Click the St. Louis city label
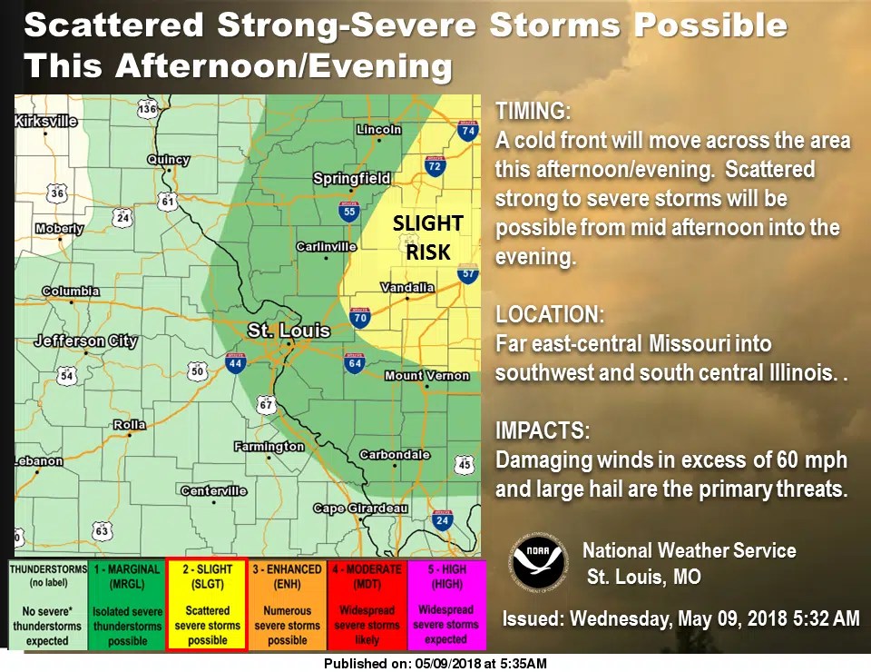click(x=289, y=331)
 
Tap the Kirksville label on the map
click(x=46, y=121)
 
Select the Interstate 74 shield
click(x=467, y=133)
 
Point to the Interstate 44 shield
click(x=236, y=365)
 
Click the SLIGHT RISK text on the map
click(x=427, y=237)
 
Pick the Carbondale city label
click(x=395, y=454)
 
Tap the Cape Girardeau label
click(x=360, y=509)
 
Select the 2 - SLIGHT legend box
click(x=207, y=604)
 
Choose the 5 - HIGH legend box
click(x=446, y=604)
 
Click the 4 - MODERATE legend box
click(x=367, y=604)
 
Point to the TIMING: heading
click(x=533, y=112)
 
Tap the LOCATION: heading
click(x=549, y=316)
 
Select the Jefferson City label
click(x=85, y=341)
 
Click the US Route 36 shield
click(x=57, y=193)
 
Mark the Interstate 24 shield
click(x=443, y=521)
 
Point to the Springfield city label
click(x=352, y=179)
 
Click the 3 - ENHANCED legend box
click(x=287, y=604)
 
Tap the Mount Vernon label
click(x=426, y=376)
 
